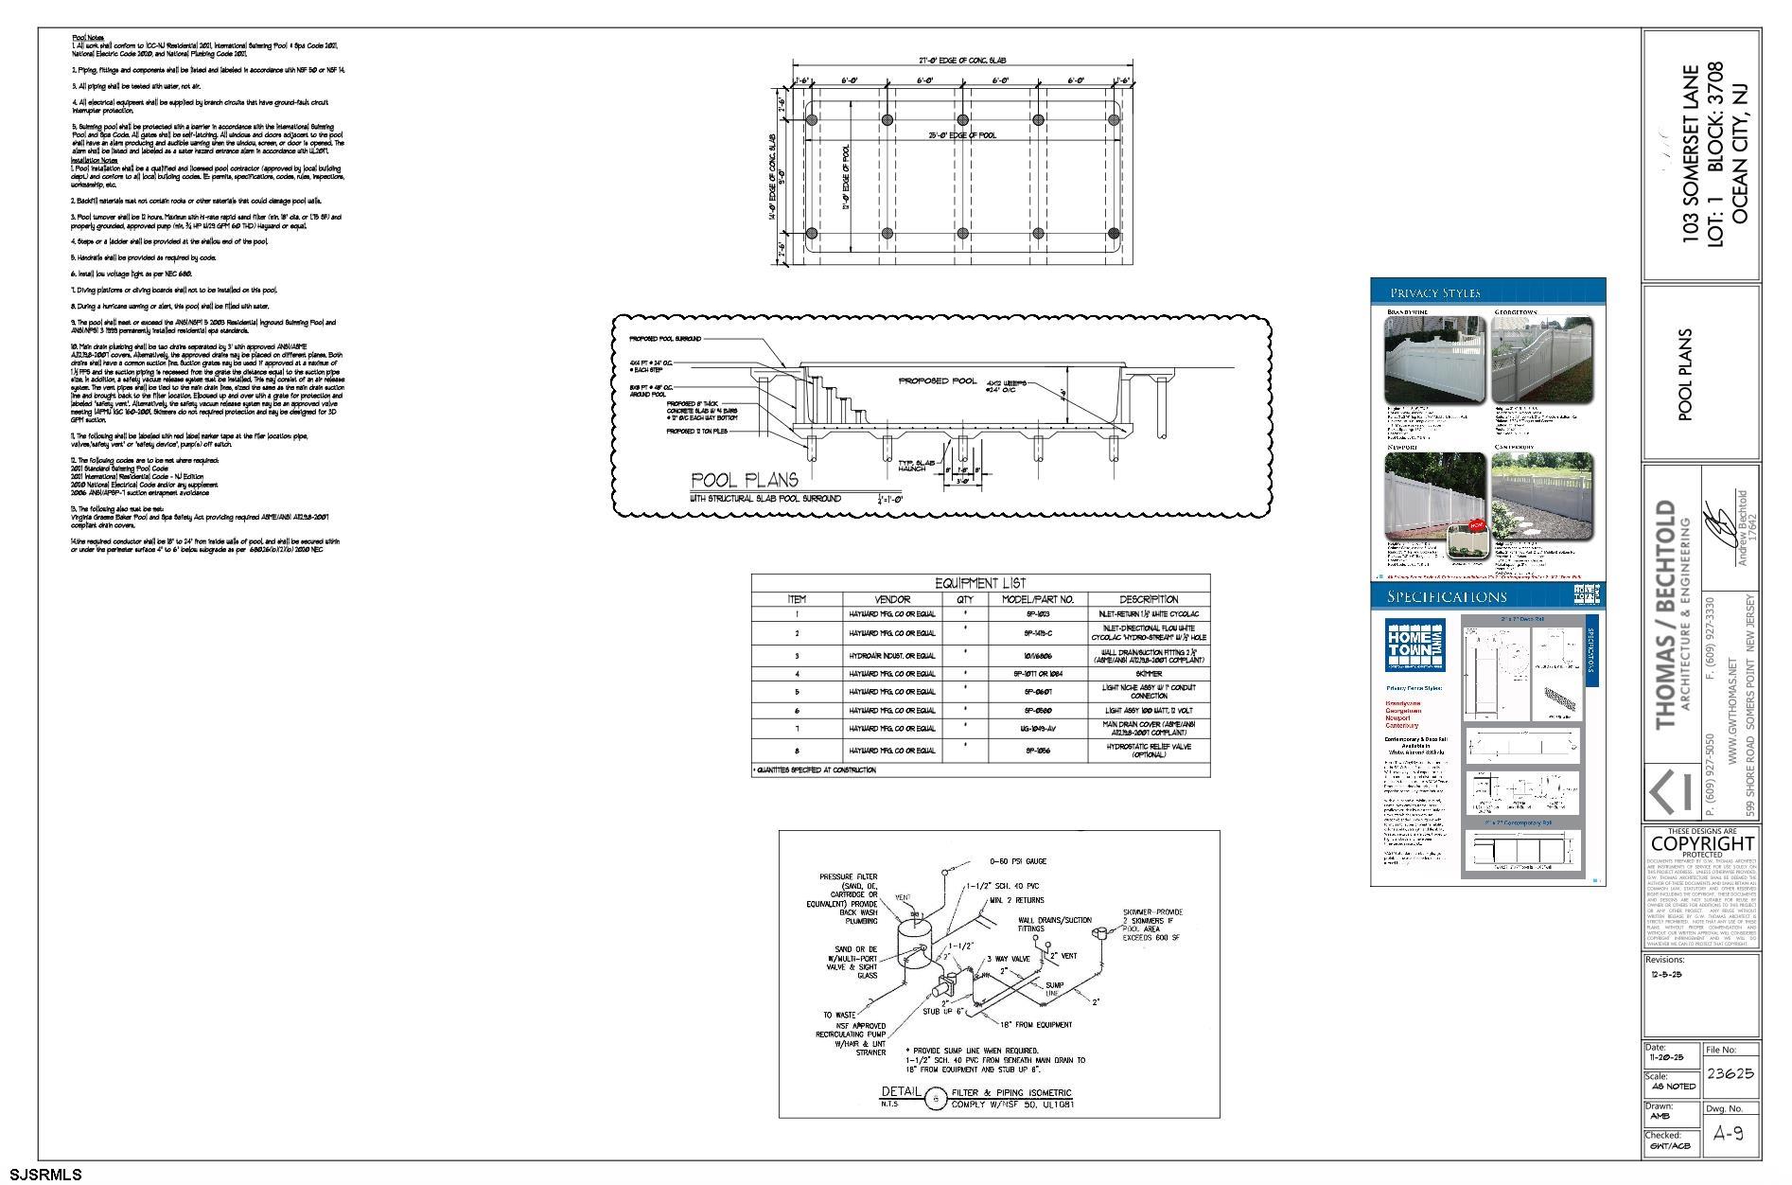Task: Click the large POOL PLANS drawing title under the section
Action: pos(744,480)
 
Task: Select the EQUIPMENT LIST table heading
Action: pos(980,583)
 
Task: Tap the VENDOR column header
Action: pos(892,599)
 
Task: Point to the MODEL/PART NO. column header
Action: pos(1038,599)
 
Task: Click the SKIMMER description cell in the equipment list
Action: pos(1148,674)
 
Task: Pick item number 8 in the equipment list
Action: pos(797,751)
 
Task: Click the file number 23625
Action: pos(1730,1073)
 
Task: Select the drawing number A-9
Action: pos(1729,1133)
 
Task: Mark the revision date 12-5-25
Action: pos(1666,974)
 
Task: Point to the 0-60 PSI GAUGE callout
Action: pos(1017,861)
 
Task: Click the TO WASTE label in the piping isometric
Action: pos(839,1016)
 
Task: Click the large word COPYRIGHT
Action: pos(1702,843)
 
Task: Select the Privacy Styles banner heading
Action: pos(1434,292)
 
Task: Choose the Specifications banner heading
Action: pos(1447,596)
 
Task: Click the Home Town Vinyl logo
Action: pos(1414,646)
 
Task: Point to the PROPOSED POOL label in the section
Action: pos(938,380)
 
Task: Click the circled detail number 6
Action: pos(936,1099)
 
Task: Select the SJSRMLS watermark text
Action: pos(42,1176)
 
